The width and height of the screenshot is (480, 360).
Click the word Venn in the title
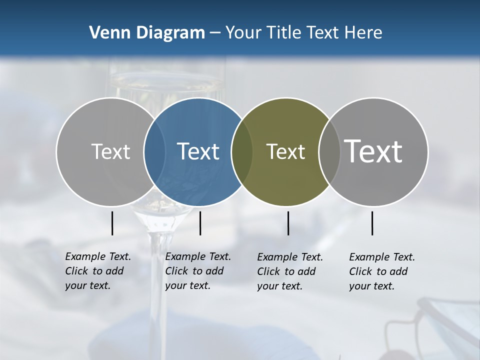(107, 33)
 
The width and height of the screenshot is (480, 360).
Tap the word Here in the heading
(362, 33)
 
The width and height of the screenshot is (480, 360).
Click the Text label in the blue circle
(198, 151)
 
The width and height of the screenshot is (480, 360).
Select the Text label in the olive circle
(285, 151)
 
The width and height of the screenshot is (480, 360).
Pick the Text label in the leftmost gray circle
(110, 151)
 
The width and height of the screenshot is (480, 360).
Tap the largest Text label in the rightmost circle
(373, 151)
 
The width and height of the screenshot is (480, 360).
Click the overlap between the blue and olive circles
(242, 151)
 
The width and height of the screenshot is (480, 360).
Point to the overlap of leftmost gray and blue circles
(154, 151)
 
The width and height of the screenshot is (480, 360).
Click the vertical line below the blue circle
(200, 223)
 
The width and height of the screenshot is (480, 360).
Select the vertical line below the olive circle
(288, 223)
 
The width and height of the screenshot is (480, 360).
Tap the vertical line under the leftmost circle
(112, 223)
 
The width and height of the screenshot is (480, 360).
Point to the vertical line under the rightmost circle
(372, 223)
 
